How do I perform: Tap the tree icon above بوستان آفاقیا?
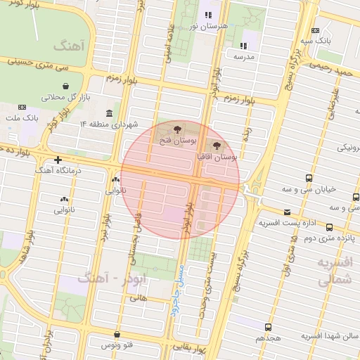(217, 145)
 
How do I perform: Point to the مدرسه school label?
(243, 55)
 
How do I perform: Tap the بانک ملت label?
(24, 118)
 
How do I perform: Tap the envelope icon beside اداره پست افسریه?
(286, 212)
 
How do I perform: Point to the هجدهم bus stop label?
(269, 337)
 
